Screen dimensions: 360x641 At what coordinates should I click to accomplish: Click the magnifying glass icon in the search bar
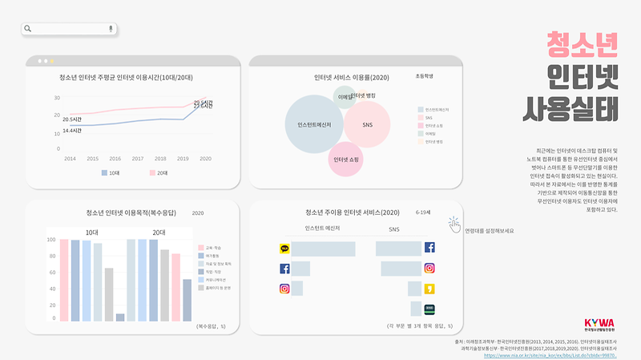(x=29, y=29)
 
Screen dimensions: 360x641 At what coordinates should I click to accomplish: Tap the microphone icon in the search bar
(x=111, y=29)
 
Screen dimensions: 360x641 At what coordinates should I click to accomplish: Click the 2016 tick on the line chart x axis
(x=115, y=159)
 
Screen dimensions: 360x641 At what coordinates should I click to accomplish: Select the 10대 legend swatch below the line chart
(x=105, y=172)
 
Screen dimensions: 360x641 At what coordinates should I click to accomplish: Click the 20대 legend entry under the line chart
(x=157, y=172)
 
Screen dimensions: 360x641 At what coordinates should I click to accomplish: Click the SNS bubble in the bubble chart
(x=367, y=125)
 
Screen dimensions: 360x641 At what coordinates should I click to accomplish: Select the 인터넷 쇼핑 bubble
(x=345, y=160)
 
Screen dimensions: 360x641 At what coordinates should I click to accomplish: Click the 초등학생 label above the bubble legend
(x=424, y=77)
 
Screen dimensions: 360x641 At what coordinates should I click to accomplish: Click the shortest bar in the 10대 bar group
(x=120, y=317)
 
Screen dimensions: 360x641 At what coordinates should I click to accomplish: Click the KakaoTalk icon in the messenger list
(x=284, y=249)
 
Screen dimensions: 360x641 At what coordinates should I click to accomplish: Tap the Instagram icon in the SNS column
(x=429, y=269)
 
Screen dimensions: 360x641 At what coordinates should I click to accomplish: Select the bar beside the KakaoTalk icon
(x=323, y=249)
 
